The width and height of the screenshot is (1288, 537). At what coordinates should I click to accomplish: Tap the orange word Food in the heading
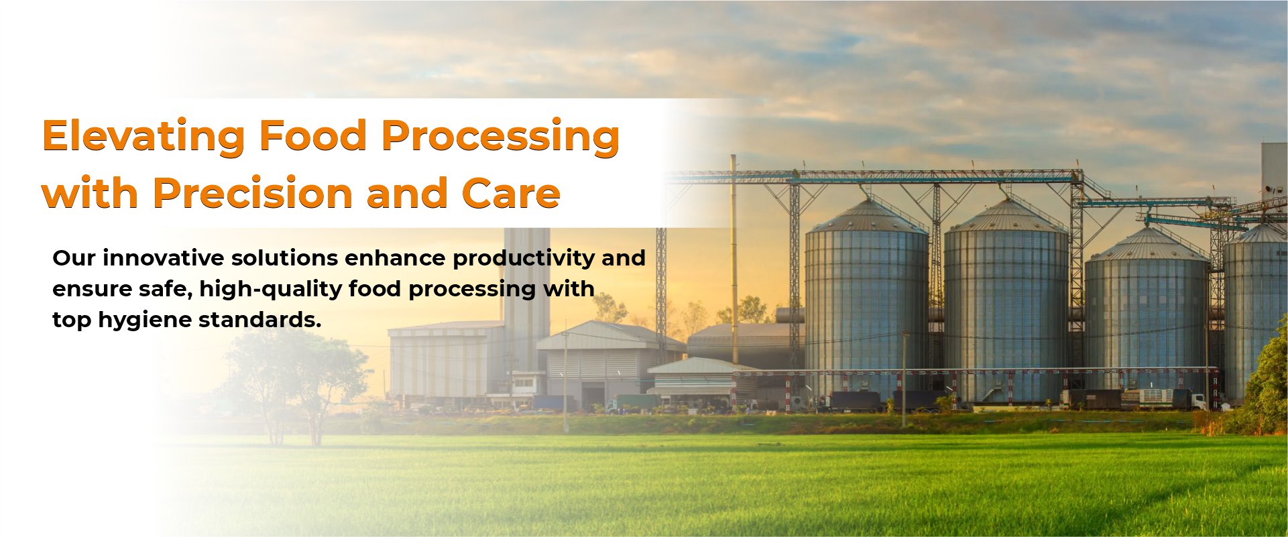click(x=313, y=135)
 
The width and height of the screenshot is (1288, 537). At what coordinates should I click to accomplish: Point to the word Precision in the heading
click(x=253, y=193)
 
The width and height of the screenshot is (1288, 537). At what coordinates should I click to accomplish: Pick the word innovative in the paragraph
click(x=163, y=257)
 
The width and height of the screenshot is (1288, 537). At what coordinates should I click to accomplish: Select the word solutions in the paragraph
click(x=285, y=257)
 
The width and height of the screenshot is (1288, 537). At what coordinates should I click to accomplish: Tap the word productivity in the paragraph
click(x=524, y=259)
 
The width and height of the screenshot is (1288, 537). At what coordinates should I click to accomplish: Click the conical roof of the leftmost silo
click(x=867, y=216)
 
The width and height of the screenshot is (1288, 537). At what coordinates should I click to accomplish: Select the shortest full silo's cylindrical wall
click(x=1146, y=322)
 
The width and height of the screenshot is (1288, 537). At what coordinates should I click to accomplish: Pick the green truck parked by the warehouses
click(x=634, y=402)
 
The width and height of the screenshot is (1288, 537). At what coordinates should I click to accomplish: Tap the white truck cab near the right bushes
click(x=1197, y=401)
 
